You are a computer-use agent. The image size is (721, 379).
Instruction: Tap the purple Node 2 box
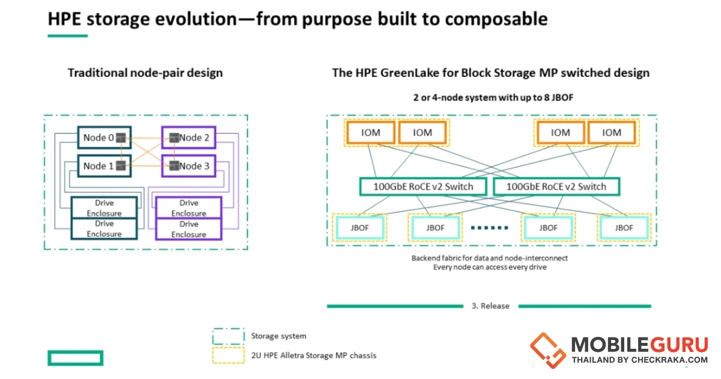(189, 138)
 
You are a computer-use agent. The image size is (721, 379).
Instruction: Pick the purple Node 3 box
(189, 166)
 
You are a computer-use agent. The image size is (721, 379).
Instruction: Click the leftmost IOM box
(371, 132)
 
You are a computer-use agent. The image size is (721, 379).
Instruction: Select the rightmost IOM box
(612, 132)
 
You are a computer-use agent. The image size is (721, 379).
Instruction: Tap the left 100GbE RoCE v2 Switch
(424, 186)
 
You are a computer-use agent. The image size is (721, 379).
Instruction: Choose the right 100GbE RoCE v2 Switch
(556, 186)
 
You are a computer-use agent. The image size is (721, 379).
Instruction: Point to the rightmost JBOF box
(624, 228)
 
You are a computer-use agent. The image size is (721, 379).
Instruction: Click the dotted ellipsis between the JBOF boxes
(490, 228)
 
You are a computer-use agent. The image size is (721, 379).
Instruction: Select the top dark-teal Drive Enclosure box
(105, 208)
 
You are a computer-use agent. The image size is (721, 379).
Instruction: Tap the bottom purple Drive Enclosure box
(189, 229)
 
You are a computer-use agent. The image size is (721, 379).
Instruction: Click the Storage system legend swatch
(228, 336)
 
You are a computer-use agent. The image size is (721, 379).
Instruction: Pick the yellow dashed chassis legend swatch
(228, 355)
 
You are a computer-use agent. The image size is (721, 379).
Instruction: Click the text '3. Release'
(490, 306)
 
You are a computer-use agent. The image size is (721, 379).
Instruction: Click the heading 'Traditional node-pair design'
(145, 73)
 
